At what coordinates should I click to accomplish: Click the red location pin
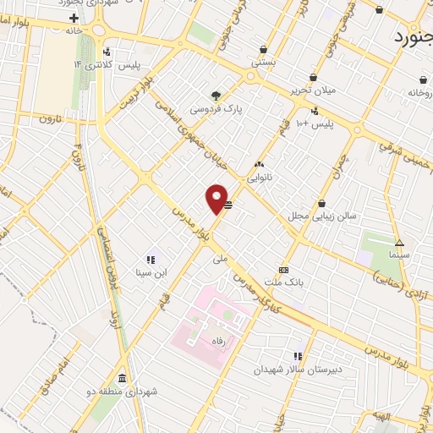click(216, 198)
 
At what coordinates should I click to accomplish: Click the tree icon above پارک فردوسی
click(216, 95)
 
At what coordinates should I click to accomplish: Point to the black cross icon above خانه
click(74, 17)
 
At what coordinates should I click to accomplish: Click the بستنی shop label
click(263, 62)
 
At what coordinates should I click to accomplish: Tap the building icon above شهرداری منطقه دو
click(123, 377)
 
